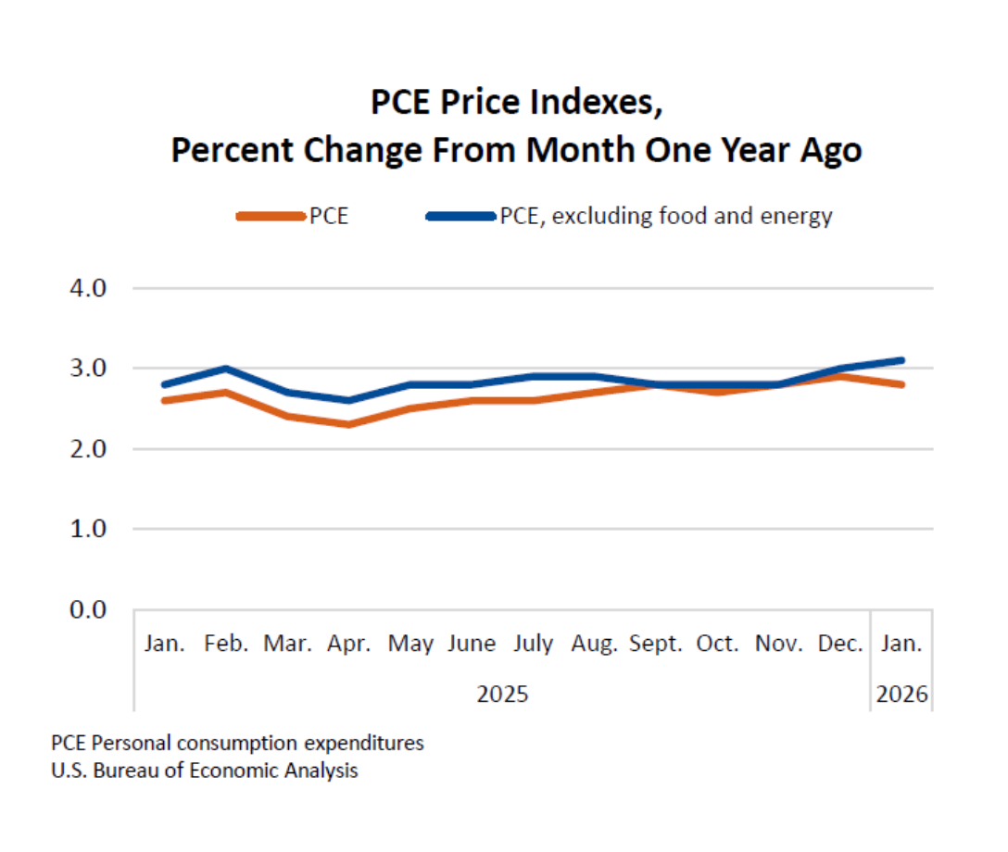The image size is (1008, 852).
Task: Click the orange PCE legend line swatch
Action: pyautogui.click(x=271, y=217)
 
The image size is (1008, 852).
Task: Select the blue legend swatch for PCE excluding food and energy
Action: pyautogui.click(x=460, y=217)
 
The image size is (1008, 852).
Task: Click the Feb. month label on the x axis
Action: pyautogui.click(x=226, y=644)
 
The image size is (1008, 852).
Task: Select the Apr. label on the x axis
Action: pyautogui.click(x=349, y=644)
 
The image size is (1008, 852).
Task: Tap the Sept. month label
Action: pyautogui.click(x=656, y=644)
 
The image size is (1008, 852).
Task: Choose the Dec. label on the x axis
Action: pyautogui.click(x=840, y=644)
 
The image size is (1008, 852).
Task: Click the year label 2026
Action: pyautogui.click(x=902, y=694)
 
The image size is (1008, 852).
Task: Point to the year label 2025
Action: pyautogui.click(x=502, y=694)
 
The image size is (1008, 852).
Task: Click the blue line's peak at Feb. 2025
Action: pyautogui.click(x=226, y=369)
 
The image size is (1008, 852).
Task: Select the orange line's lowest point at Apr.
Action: pyautogui.click(x=349, y=424)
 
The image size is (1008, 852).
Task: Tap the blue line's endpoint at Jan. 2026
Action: pyautogui.click(x=901, y=360)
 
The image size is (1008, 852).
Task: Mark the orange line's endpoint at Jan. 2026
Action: pyautogui.click(x=901, y=384)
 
